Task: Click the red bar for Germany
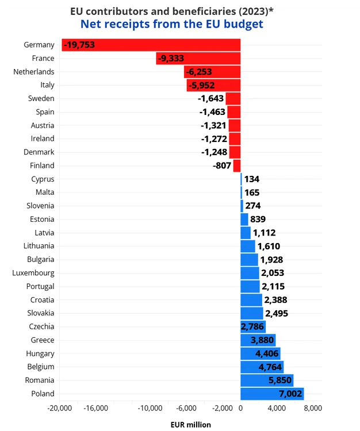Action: click(151, 45)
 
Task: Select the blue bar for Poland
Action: click(272, 394)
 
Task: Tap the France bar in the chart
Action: click(198, 58)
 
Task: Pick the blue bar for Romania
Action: click(267, 380)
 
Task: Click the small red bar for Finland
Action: click(237, 166)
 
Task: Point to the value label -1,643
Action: click(210, 98)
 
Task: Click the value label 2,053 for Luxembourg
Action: click(273, 273)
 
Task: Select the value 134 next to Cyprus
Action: click(252, 179)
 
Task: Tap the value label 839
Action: click(258, 220)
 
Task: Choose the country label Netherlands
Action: click(34, 72)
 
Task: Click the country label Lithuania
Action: click(39, 246)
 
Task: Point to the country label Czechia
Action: click(41, 326)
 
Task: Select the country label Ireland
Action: click(43, 138)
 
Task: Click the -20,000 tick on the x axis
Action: click(60, 408)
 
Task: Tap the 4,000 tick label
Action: click(277, 408)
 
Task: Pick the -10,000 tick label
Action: click(150, 408)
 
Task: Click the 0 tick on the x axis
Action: click(240, 408)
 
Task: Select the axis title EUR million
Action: click(191, 425)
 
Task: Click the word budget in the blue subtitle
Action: click(244, 24)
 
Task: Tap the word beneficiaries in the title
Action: click(204, 11)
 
